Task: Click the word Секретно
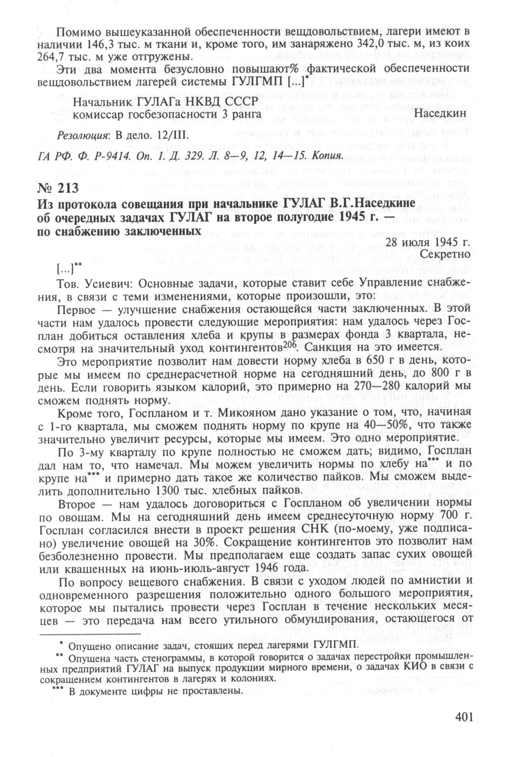[x=445, y=254]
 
